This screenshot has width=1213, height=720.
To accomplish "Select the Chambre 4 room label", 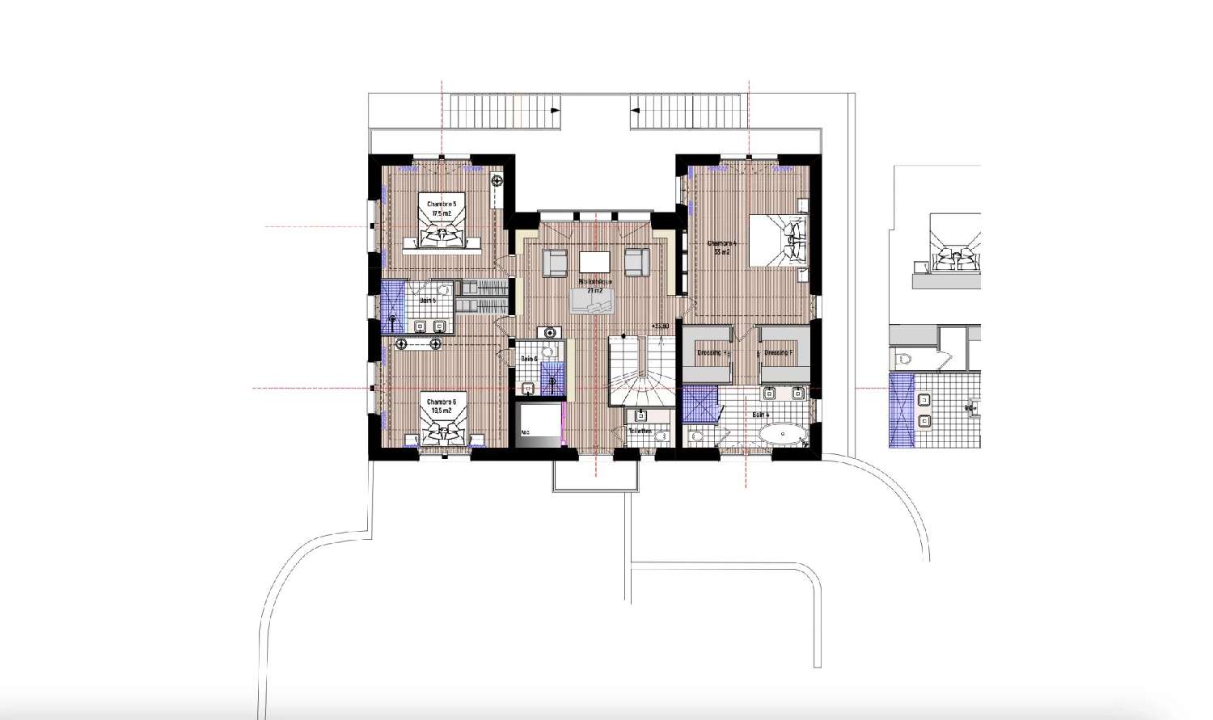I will [722, 247].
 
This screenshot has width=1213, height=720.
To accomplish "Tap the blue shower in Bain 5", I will [393, 306].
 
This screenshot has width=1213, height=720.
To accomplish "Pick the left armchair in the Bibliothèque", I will [555, 262].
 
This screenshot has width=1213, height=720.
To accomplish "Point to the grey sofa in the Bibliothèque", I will [594, 301].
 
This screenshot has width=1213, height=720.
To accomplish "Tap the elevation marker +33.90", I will [659, 326].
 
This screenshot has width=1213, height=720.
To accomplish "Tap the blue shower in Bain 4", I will [700, 403].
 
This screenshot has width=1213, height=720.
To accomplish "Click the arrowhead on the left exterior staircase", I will [554, 110].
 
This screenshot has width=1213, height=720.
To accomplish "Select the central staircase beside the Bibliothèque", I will [640, 373].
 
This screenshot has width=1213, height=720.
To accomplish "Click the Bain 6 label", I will [530, 359].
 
